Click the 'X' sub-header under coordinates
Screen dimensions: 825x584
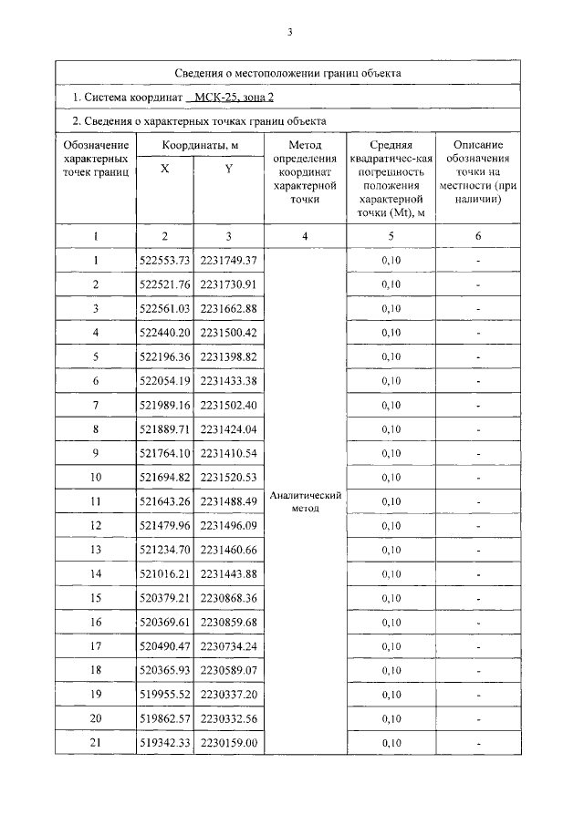[x=164, y=169]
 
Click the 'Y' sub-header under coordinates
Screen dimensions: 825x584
[x=228, y=169]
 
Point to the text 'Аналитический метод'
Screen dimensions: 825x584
[x=305, y=501]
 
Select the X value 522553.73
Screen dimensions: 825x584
[x=164, y=261]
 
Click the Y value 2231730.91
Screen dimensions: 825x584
[x=229, y=284]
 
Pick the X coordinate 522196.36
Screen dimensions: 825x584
[x=164, y=356]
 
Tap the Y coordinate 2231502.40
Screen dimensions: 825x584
[x=229, y=405]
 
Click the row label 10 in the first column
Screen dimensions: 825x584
[x=95, y=477]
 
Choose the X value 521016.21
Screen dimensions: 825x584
[x=164, y=573]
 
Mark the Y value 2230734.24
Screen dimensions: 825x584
[x=229, y=646]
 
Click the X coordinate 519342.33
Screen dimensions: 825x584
[x=164, y=743]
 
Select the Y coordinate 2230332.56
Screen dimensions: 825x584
[x=229, y=718]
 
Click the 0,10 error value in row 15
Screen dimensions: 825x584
[x=391, y=598]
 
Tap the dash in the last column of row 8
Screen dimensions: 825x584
[x=477, y=429]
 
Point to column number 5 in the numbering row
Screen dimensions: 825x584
[x=391, y=236]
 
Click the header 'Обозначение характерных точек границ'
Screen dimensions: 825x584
[x=95, y=158]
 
